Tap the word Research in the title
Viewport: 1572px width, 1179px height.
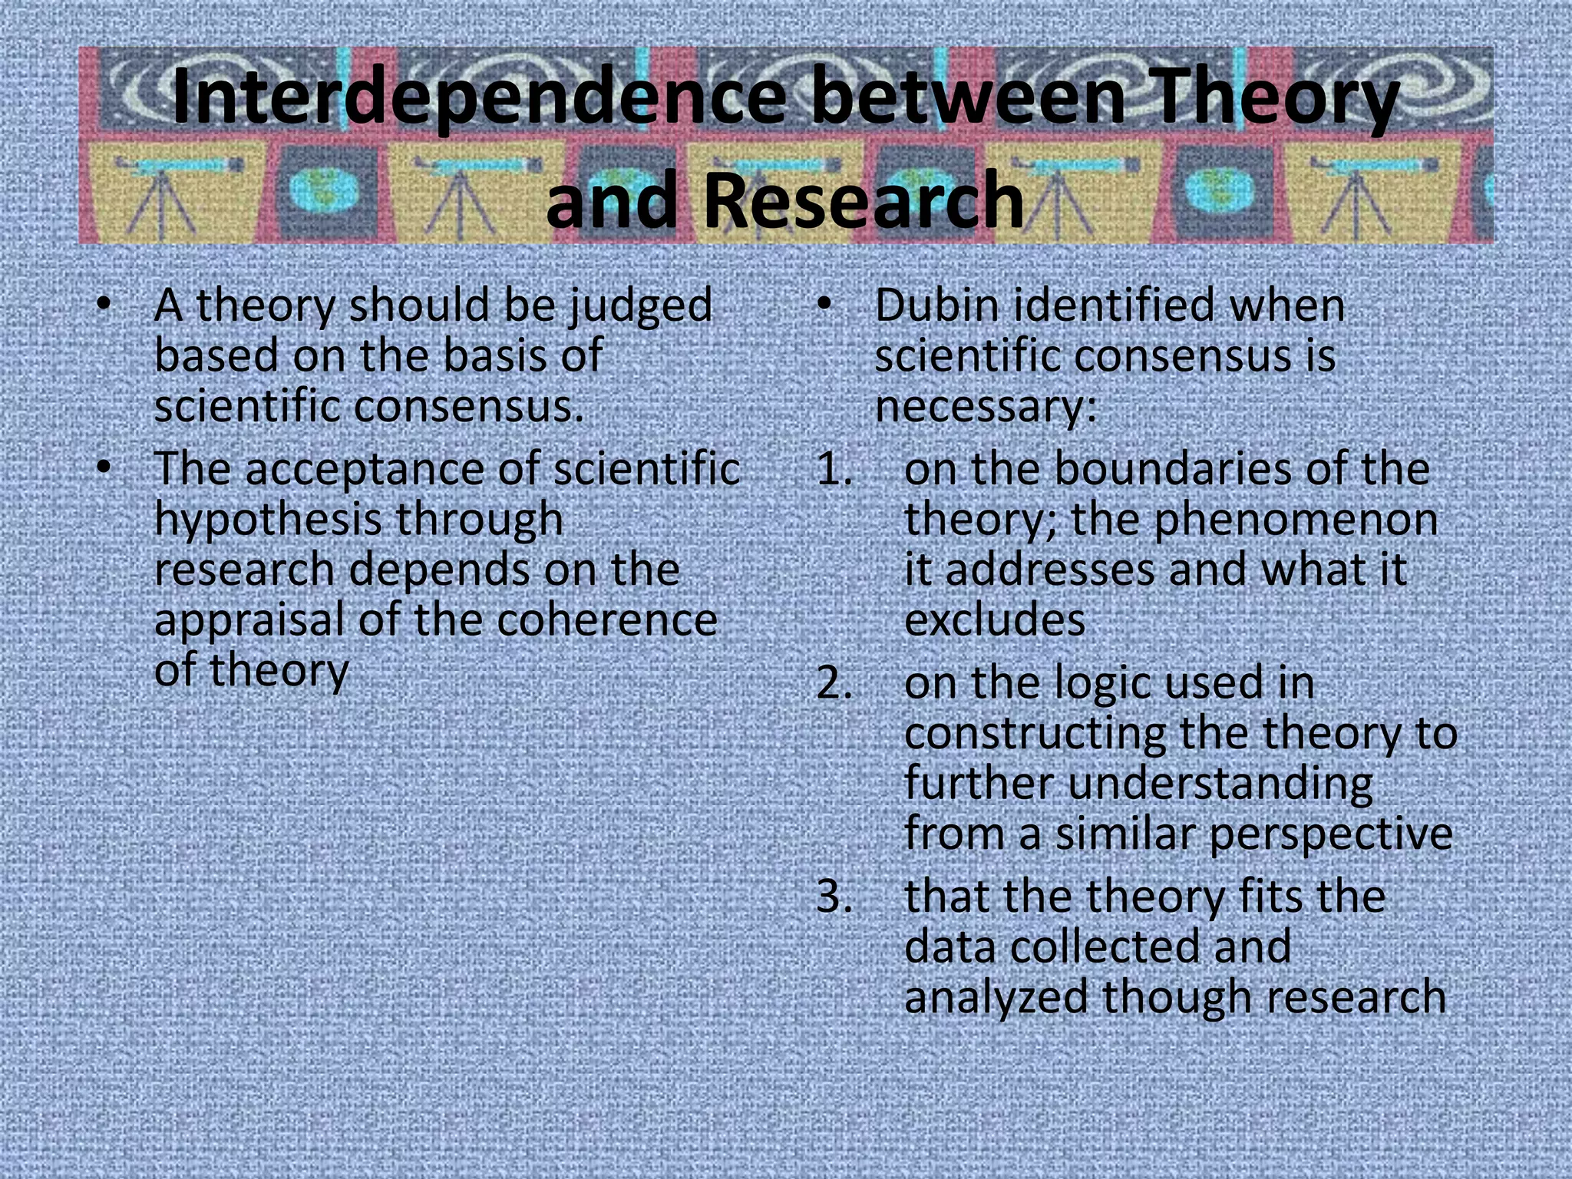click(863, 200)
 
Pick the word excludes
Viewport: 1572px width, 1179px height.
click(995, 619)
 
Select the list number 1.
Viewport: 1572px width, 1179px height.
click(834, 470)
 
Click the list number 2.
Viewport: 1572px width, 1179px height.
click(834, 683)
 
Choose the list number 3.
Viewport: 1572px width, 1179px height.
click(834, 897)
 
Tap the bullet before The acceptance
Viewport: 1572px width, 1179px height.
click(104, 467)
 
